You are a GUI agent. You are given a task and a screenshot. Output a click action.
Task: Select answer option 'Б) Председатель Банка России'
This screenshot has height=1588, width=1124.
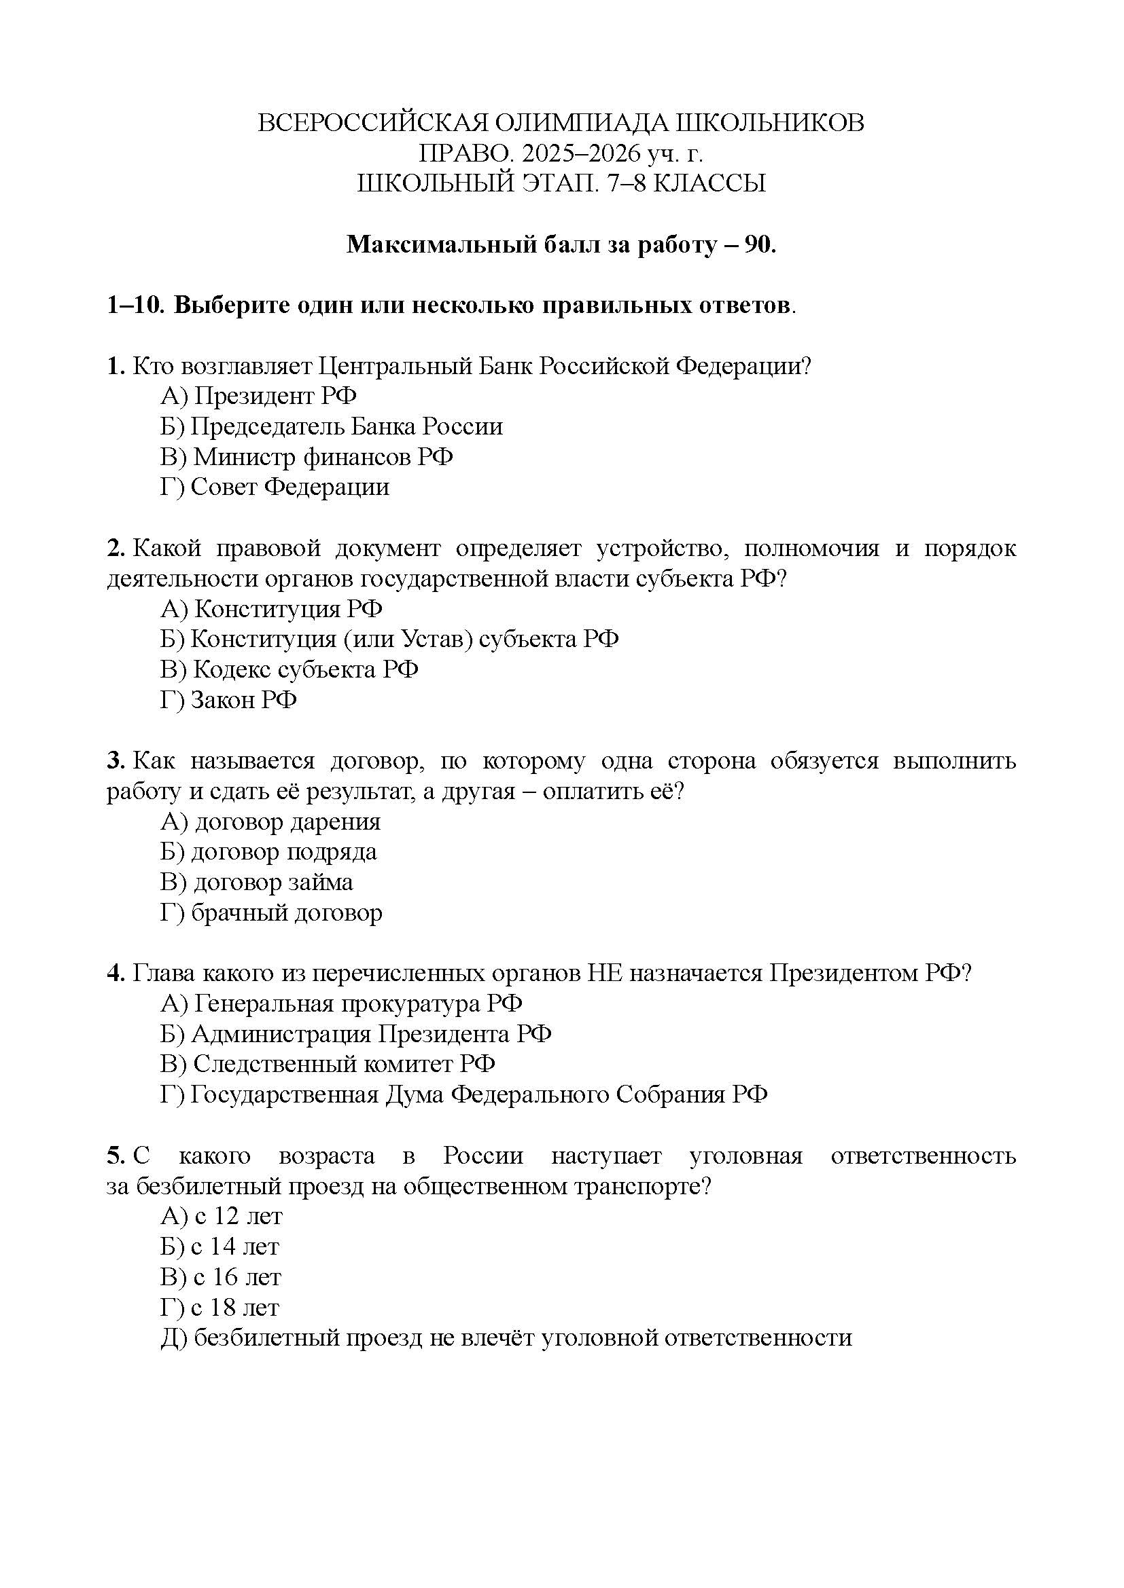click(x=332, y=427)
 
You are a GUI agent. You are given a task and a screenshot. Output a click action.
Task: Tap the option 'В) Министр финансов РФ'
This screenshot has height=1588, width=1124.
click(x=306, y=457)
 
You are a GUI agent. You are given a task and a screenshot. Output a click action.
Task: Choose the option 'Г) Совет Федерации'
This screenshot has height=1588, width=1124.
click(x=275, y=487)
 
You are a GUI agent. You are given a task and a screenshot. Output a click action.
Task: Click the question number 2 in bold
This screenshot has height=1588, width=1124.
click(x=114, y=549)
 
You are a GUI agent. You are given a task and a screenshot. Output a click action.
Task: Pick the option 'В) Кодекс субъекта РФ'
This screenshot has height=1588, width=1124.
click(x=289, y=669)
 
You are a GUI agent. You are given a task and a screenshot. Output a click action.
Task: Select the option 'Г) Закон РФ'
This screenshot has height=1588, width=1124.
click(x=228, y=700)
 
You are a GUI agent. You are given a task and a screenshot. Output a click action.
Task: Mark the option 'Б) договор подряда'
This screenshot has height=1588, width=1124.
click(x=268, y=852)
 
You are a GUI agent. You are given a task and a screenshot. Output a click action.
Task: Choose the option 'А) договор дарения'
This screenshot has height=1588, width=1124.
click(x=270, y=821)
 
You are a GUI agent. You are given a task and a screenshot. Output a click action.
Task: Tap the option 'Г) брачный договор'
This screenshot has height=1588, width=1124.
click(x=271, y=913)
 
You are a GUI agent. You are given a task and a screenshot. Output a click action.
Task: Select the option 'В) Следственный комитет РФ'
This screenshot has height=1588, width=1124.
click(x=328, y=1064)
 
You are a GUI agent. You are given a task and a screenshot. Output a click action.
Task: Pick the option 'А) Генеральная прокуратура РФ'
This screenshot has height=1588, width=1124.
click(x=341, y=1003)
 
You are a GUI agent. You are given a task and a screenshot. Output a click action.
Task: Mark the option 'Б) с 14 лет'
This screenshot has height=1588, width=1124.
click(x=219, y=1247)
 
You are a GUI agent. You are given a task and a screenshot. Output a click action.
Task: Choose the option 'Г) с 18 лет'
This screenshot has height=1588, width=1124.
click(x=219, y=1307)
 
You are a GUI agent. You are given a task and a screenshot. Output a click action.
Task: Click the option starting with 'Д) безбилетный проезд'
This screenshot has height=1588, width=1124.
click(x=506, y=1337)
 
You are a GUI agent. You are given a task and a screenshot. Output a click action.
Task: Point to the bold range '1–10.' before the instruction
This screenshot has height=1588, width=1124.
click(x=136, y=306)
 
